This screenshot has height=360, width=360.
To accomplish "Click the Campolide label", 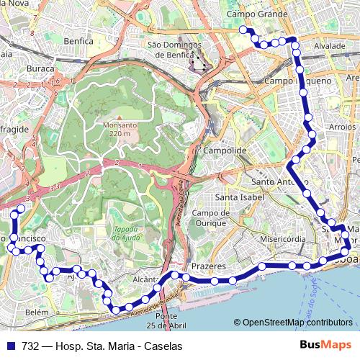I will pos(225,150).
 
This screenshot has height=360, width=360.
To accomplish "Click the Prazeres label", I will pos(210,266).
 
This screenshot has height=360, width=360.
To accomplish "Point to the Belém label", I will pos(36,313).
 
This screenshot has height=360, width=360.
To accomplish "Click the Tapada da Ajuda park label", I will pos(130,234).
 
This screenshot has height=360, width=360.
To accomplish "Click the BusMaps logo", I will pos(326,346).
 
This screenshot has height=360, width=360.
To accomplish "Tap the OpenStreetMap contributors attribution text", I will pos(297,322).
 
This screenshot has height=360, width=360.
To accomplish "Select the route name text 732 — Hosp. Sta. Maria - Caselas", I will pos(102,346).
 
